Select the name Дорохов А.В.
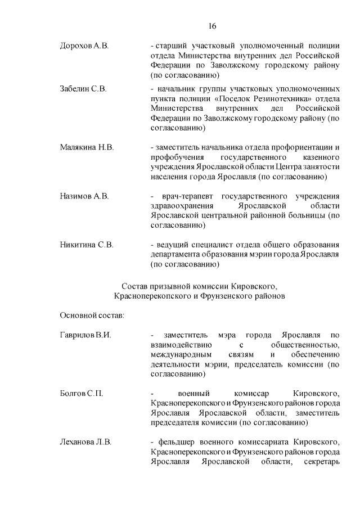point(84,46)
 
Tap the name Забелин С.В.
point(83,89)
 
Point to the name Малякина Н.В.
point(87,147)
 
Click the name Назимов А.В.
point(84,196)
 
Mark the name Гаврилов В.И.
point(85,335)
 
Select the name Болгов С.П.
point(81,393)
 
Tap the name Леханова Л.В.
point(85,442)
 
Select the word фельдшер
point(179,442)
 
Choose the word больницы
point(304,216)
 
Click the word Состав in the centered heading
point(135,286)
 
